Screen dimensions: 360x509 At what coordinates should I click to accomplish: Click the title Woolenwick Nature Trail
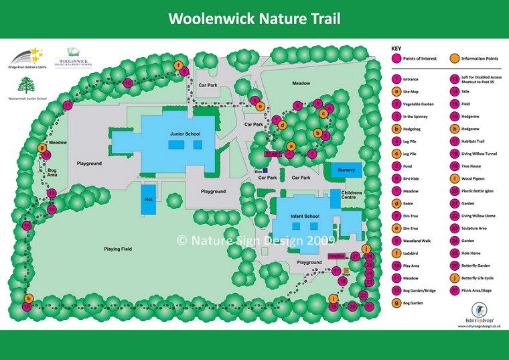pyautogui.click(x=254, y=18)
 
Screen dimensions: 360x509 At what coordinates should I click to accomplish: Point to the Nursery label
pyautogui.click(x=346, y=170)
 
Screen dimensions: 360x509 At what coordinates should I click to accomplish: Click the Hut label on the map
pyautogui.click(x=148, y=200)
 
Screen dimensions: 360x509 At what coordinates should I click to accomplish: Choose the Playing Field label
pyautogui.click(x=117, y=249)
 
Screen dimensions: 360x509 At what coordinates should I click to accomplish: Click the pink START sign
pyautogui.click(x=273, y=154)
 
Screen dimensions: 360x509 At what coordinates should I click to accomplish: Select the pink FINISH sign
pyautogui.click(x=336, y=257)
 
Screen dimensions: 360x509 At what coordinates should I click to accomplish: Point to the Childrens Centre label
pyautogui.click(x=352, y=196)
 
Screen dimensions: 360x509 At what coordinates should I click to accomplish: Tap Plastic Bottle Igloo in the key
pyautogui.click(x=478, y=191)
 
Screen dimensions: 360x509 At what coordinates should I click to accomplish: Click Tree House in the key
pyautogui.click(x=470, y=166)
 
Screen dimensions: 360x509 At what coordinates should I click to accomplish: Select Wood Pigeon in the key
pyautogui.click(x=472, y=178)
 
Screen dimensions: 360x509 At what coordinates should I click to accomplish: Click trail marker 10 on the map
pyautogui.click(x=127, y=82)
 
